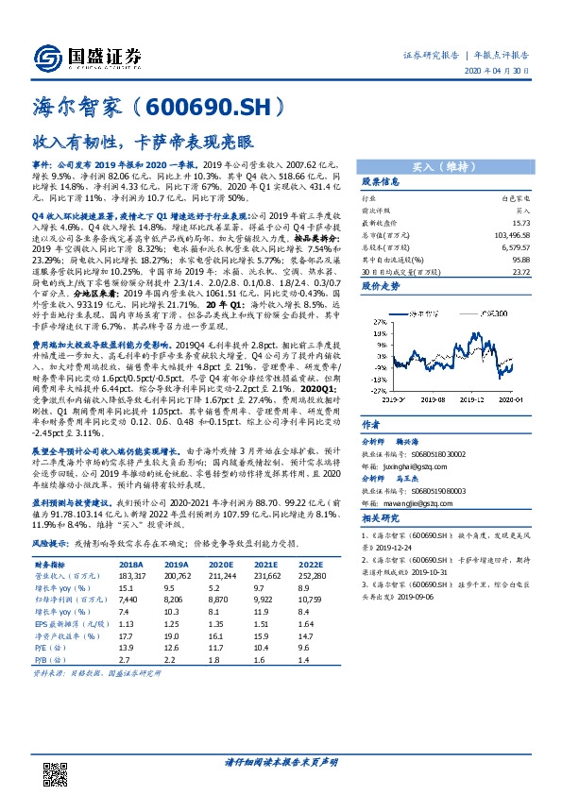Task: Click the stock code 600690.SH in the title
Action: (x=223, y=109)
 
